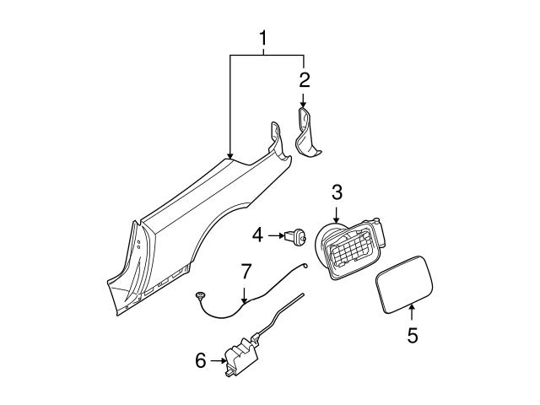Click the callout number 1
pyautogui.click(x=266, y=38)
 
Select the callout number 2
pyautogui.click(x=304, y=80)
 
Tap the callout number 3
pyautogui.click(x=337, y=192)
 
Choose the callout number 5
pyautogui.click(x=412, y=336)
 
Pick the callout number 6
pyautogui.click(x=200, y=360)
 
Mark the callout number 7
pyautogui.click(x=246, y=272)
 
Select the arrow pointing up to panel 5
pyautogui.click(x=412, y=314)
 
